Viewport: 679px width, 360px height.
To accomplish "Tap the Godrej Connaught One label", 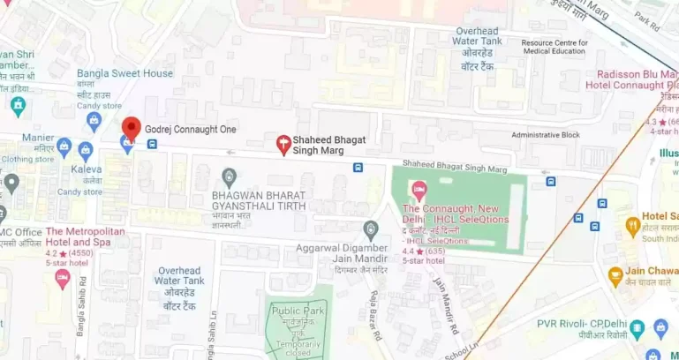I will pyautogui.click(x=191, y=130).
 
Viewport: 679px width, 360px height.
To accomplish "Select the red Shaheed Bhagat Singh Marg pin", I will pyautogui.click(x=283, y=145).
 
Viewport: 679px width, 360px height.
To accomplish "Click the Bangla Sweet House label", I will pyautogui.click(x=124, y=73).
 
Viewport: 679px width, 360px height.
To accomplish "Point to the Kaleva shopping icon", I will pyautogui.click(x=86, y=150).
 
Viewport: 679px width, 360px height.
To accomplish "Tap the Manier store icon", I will pyautogui.click(x=64, y=144).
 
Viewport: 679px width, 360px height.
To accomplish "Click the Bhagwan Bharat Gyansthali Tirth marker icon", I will pyautogui.click(x=230, y=175).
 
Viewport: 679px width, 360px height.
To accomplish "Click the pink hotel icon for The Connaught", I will pyautogui.click(x=419, y=189).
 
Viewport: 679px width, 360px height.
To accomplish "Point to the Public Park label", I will pyautogui.click(x=298, y=310).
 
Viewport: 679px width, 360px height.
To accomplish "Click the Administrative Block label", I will pyautogui.click(x=546, y=135).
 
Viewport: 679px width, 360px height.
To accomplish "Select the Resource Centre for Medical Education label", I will pyautogui.click(x=554, y=46).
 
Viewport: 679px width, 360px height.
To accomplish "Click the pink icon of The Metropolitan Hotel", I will pyautogui.click(x=62, y=278).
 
